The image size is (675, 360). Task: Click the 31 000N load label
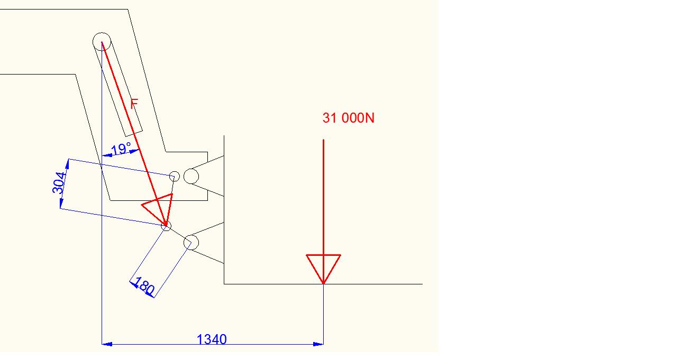pos(348,118)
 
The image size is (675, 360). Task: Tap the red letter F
pos(134,104)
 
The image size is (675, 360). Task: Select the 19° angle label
pos(121,150)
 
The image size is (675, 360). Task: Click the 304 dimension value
pos(59,182)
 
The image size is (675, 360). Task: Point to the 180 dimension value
pos(144,286)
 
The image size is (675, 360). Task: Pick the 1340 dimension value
pos(212,339)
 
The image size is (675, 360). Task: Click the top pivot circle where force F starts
pos(102,41)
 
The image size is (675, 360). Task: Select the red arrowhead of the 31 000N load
pos(323,267)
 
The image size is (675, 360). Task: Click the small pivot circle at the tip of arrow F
pos(166,226)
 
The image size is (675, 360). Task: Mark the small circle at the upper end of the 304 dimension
pos(174,176)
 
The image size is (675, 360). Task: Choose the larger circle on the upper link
pos(191,176)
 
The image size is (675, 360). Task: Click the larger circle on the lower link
pos(191,243)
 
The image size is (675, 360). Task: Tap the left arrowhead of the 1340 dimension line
pos(106,344)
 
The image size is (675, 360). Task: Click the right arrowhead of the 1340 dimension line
pos(318,344)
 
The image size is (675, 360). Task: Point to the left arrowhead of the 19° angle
pos(106,155)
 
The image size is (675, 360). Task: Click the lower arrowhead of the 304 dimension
pos(61,204)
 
